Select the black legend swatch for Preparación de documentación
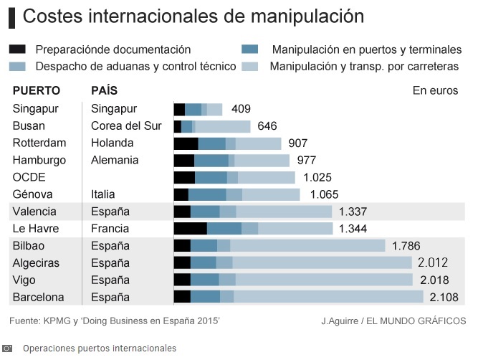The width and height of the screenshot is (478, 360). (x=18, y=49)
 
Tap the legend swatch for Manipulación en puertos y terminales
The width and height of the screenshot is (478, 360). (x=250, y=49)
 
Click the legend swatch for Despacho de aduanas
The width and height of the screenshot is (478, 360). (x=18, y=67)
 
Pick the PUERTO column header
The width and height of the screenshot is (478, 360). (x=37, y=91)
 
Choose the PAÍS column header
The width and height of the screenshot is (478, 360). (x=105, y=91)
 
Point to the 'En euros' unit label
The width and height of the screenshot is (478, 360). (x=434, y=91)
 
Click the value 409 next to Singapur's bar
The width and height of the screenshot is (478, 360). (x=242, y=109)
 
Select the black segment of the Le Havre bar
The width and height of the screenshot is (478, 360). (x=190, y=229)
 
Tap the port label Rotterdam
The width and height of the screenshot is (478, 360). (x=39, y=143)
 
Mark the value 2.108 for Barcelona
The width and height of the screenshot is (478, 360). (x=445, y=297)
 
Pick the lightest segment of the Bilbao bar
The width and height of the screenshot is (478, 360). (x=307, y=246)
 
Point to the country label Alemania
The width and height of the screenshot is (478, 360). (x=115, y=160)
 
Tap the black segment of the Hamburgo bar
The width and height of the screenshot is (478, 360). (x=184, y=160)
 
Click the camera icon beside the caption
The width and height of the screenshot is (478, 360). (x=9, y=349)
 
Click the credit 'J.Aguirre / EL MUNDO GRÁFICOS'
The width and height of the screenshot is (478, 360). (x=393, y=321)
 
